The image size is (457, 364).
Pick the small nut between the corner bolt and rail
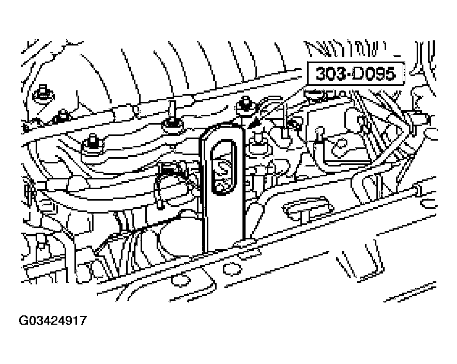pyautogui.click(x=62, y=115)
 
